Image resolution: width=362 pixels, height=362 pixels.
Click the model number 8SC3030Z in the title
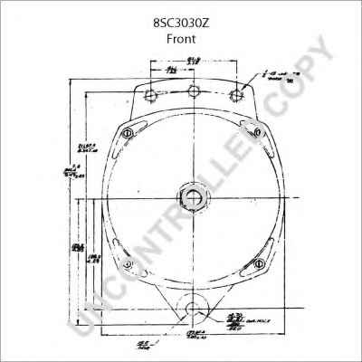click(180, 24)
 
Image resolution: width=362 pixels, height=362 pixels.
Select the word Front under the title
click(180, 41)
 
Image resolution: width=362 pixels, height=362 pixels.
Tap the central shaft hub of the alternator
click(192, 197)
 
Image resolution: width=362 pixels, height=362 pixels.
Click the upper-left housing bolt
click(128, 134)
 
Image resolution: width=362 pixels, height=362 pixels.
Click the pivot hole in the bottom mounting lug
click(192, 312)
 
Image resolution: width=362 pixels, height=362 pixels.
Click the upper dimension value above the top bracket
click(192, 59)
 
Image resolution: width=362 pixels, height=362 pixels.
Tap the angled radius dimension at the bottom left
click(120, 344)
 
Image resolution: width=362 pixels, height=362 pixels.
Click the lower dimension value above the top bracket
click(170, 70)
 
